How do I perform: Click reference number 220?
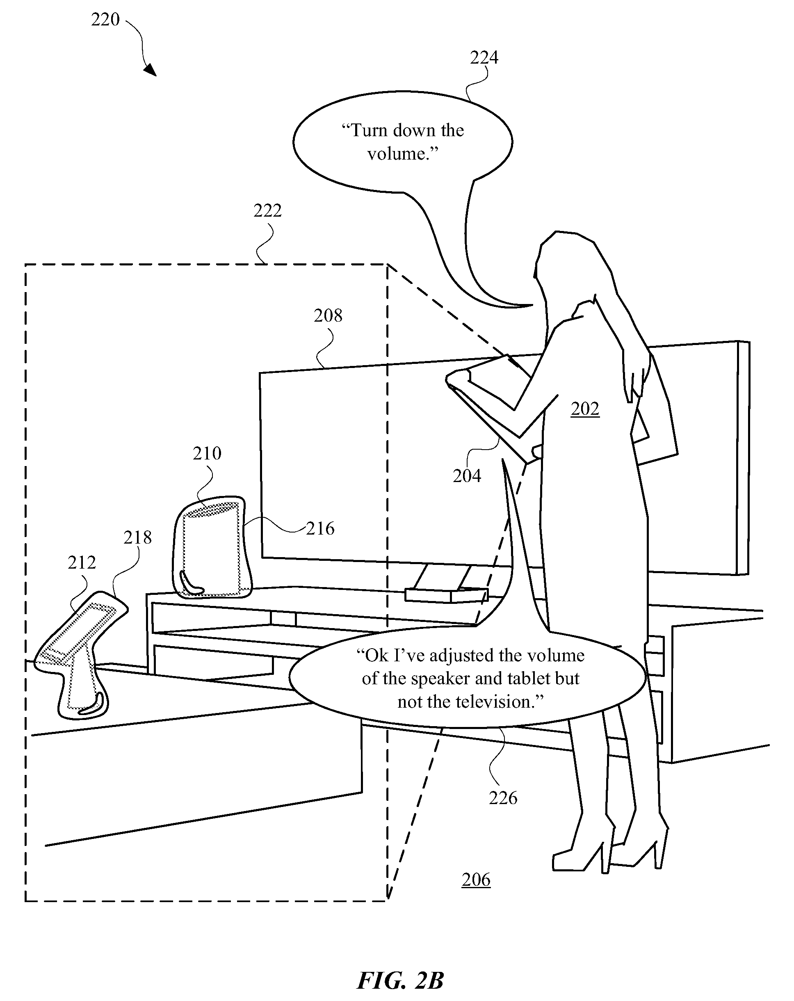pyautogui.click(x=105, y=20)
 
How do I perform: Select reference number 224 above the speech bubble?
pyautogui.click(x=484, y=57)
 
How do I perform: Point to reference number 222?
pyautogui.click(x=267, y=211)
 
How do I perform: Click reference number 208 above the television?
pyautogui.click(x=328, y=316)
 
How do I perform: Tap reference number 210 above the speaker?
pyautogui.click(x=207, y=453)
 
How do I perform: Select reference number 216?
pyautogui.click(x=320, y=528)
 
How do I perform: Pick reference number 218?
pyautogui.click(x=137, y=538)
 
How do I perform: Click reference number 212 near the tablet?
pyautogui.click(x=82, y=563)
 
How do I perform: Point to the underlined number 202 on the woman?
pyautogui.click(x=585, y=409)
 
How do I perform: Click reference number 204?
pyautogui.click(x=467, y=476)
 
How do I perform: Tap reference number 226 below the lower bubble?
pyautogui.click(x=503, y=798)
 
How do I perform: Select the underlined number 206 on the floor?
pyautogui.click(x=476, y=880)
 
